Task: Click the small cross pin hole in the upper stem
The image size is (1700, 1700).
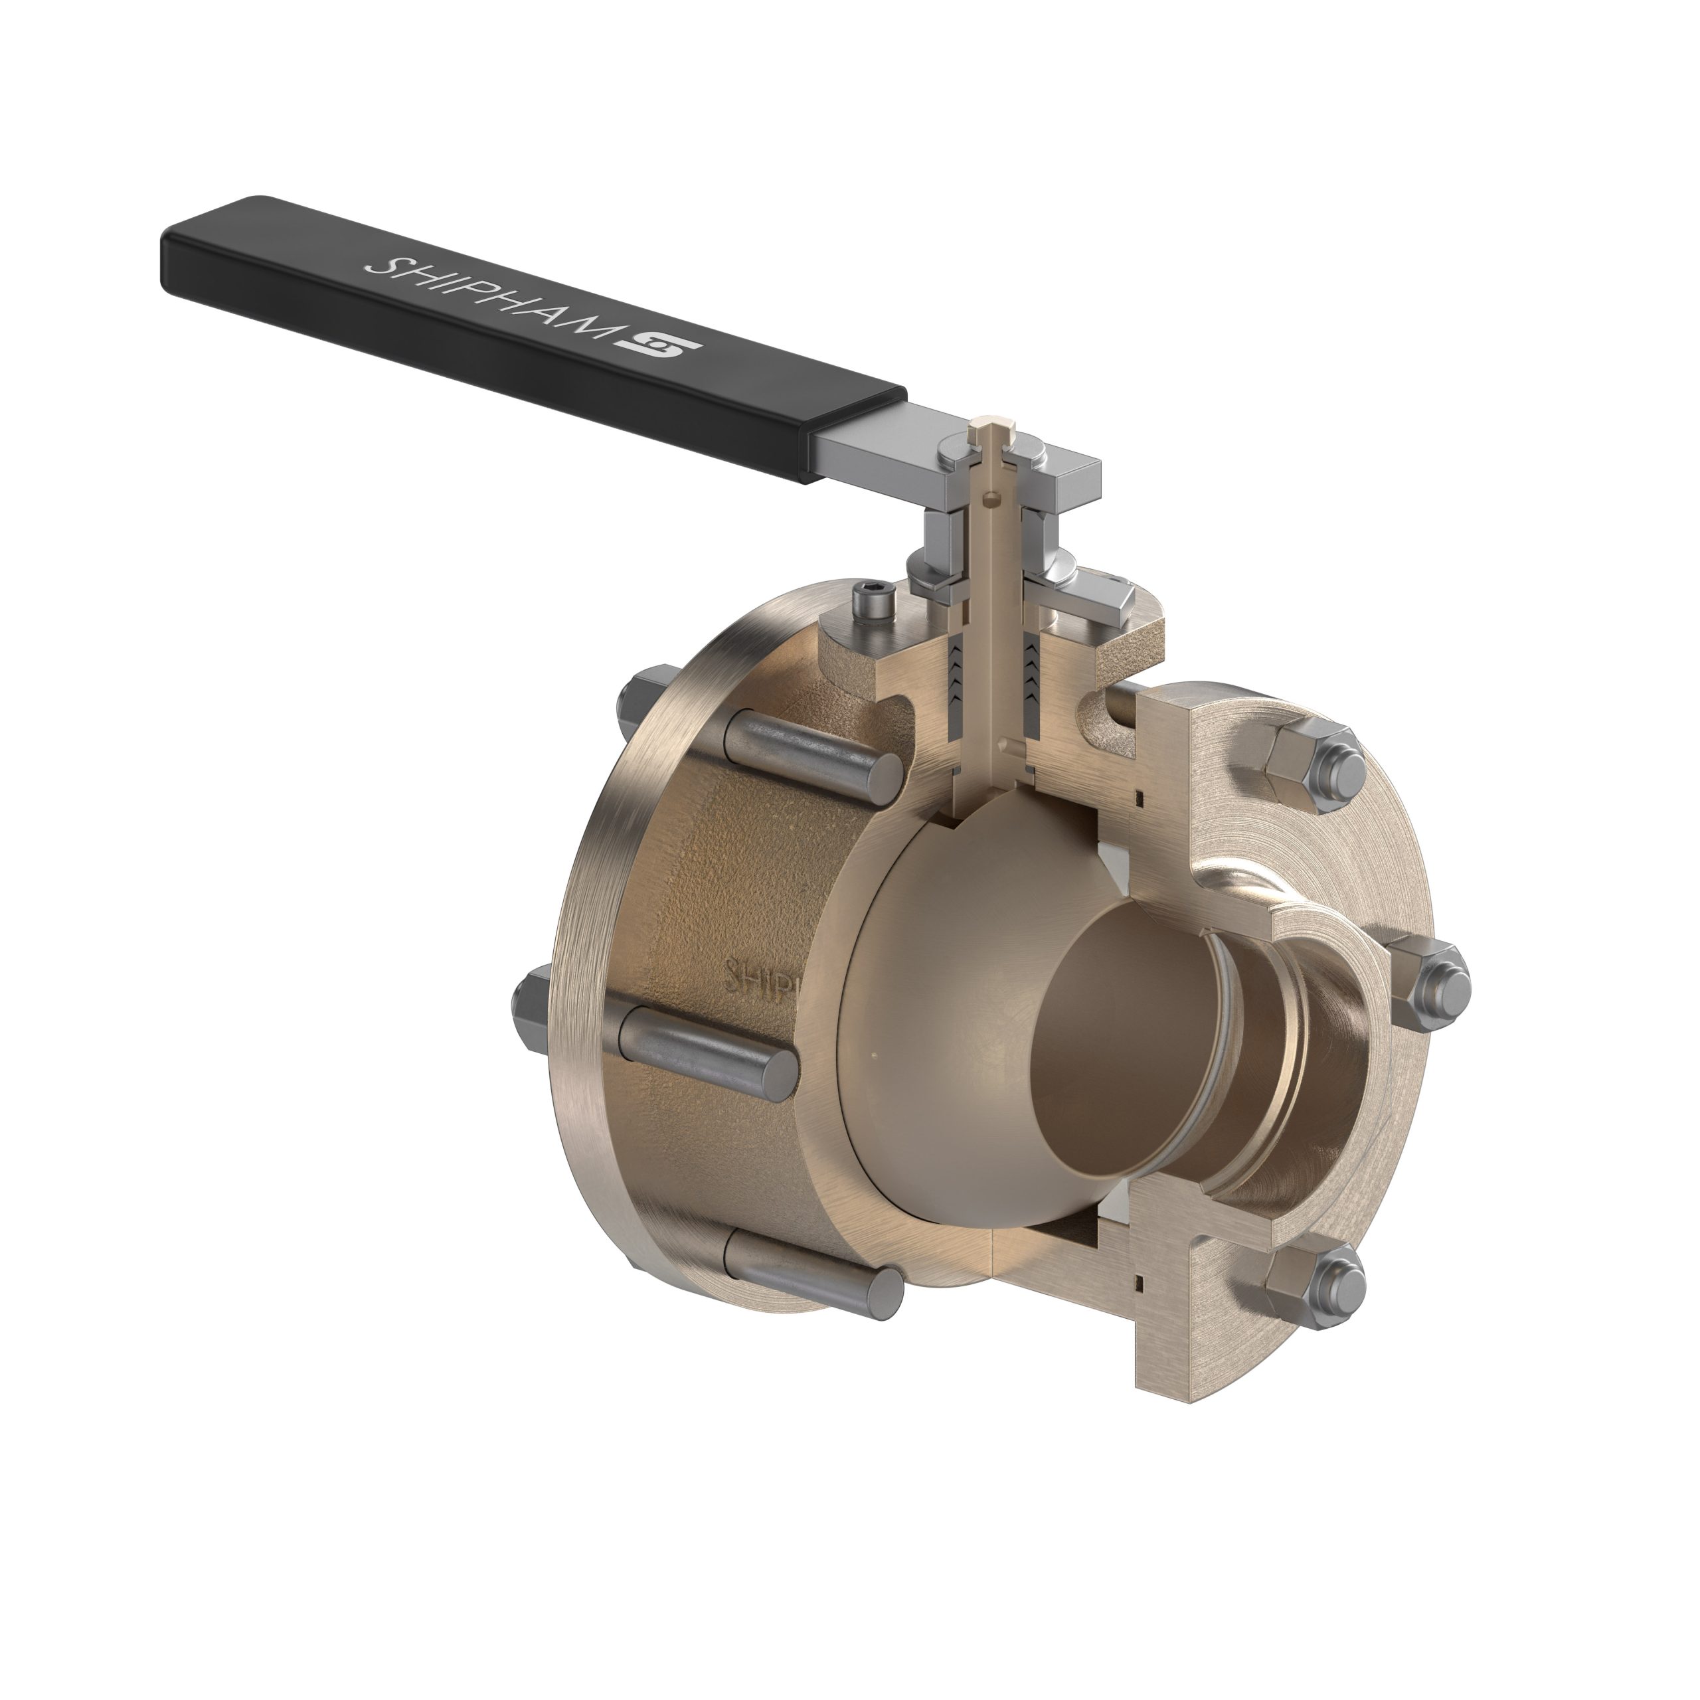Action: point(993,501)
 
